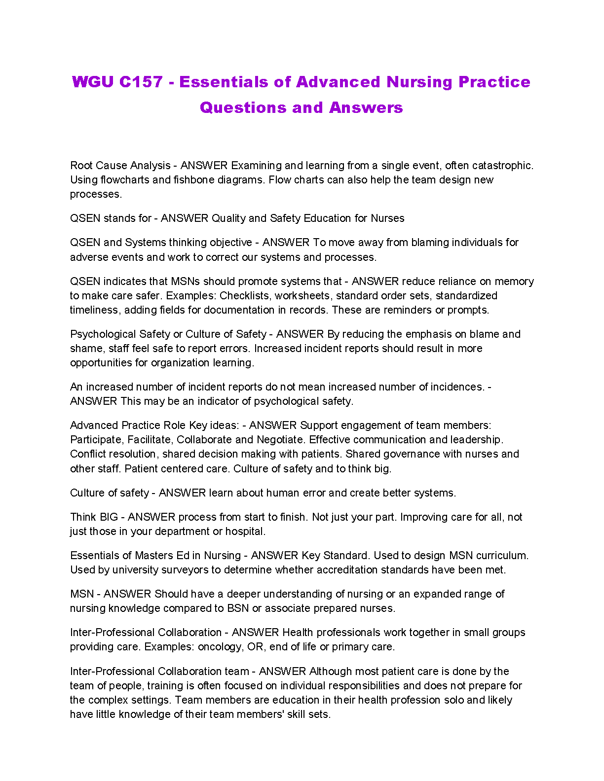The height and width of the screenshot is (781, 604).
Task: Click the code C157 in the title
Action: (141, 82)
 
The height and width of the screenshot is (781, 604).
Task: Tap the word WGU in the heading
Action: (93, 82)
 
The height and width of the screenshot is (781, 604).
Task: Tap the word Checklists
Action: (245, 296)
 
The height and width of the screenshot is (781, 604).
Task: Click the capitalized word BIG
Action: (109, 517)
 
